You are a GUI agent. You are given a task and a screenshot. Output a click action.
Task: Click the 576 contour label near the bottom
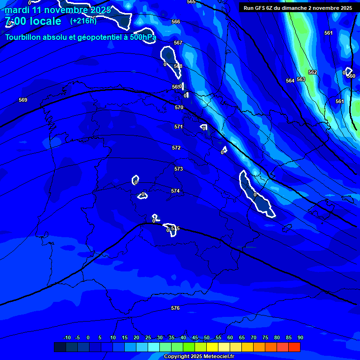(175, 308)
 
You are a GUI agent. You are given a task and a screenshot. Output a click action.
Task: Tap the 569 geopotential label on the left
(23, 100)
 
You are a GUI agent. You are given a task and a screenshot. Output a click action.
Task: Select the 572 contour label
(176, 148)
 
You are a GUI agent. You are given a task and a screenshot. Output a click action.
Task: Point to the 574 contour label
(175, 191)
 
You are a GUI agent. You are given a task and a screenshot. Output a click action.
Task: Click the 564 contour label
(290, 81)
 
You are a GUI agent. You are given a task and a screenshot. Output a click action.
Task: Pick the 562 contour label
(313, 72)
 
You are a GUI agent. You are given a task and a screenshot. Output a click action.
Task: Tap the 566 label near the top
(176, 22)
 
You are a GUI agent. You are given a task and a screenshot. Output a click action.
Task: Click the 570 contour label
(179, 107)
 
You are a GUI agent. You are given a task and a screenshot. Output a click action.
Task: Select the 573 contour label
(178, 169)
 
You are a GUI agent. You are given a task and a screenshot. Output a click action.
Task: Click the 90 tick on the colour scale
(300, 338)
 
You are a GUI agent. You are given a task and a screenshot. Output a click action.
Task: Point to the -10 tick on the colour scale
(67, 338)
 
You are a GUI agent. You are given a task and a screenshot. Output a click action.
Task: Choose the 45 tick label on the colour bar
(195, 338)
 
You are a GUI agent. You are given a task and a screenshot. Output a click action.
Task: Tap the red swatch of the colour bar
(294, 347)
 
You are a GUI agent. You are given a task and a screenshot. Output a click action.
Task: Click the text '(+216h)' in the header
(83, 21)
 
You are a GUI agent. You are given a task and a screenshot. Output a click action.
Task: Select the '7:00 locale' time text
(33, 21)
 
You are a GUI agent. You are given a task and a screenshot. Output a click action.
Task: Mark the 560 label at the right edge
(351, 76)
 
